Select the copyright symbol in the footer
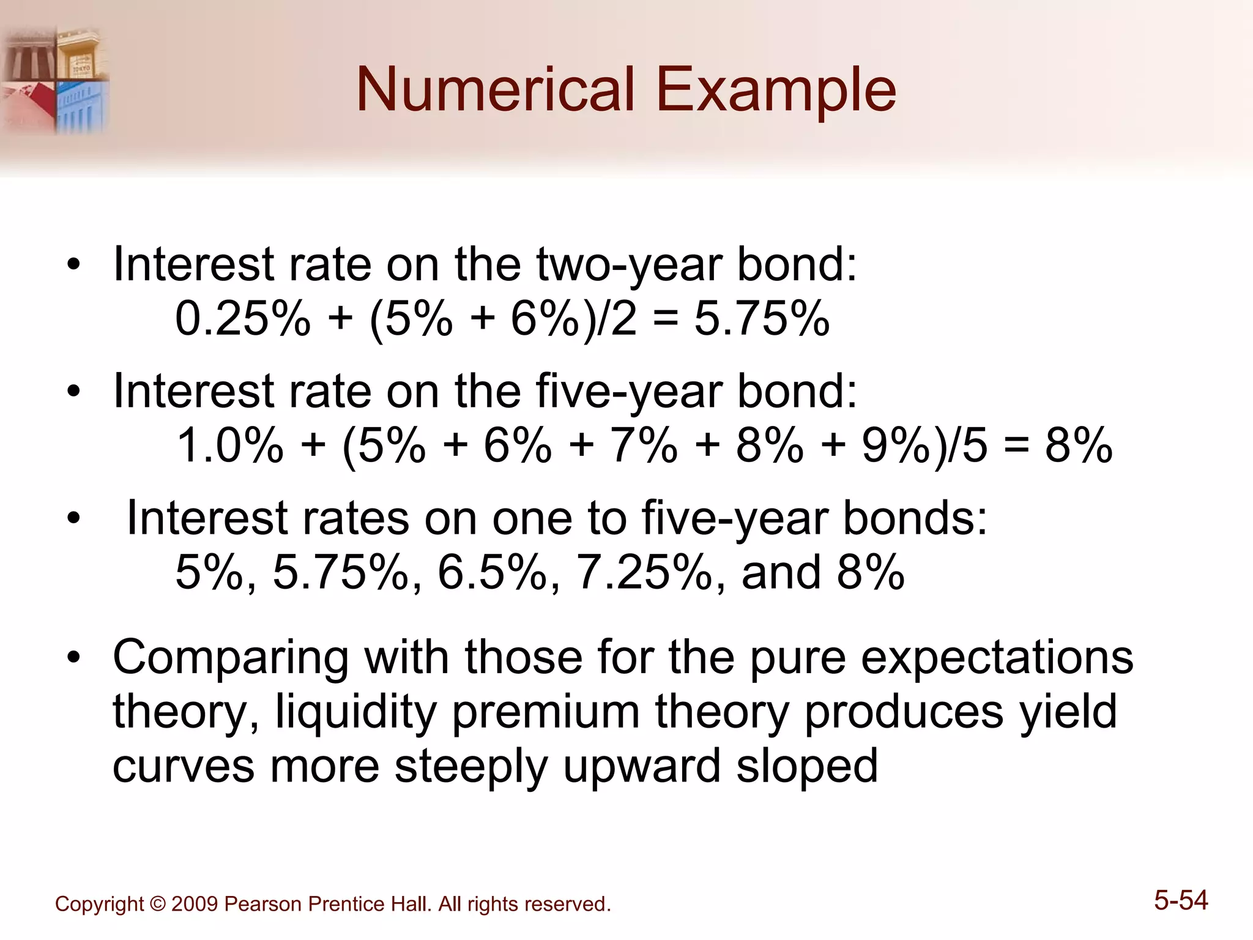[158, 904]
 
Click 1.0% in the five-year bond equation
[230, 445]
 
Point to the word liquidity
[356, 712]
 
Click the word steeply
[471, 766]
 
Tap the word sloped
[807, 766]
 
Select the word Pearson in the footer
[263, 904]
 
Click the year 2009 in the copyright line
[194, 904]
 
